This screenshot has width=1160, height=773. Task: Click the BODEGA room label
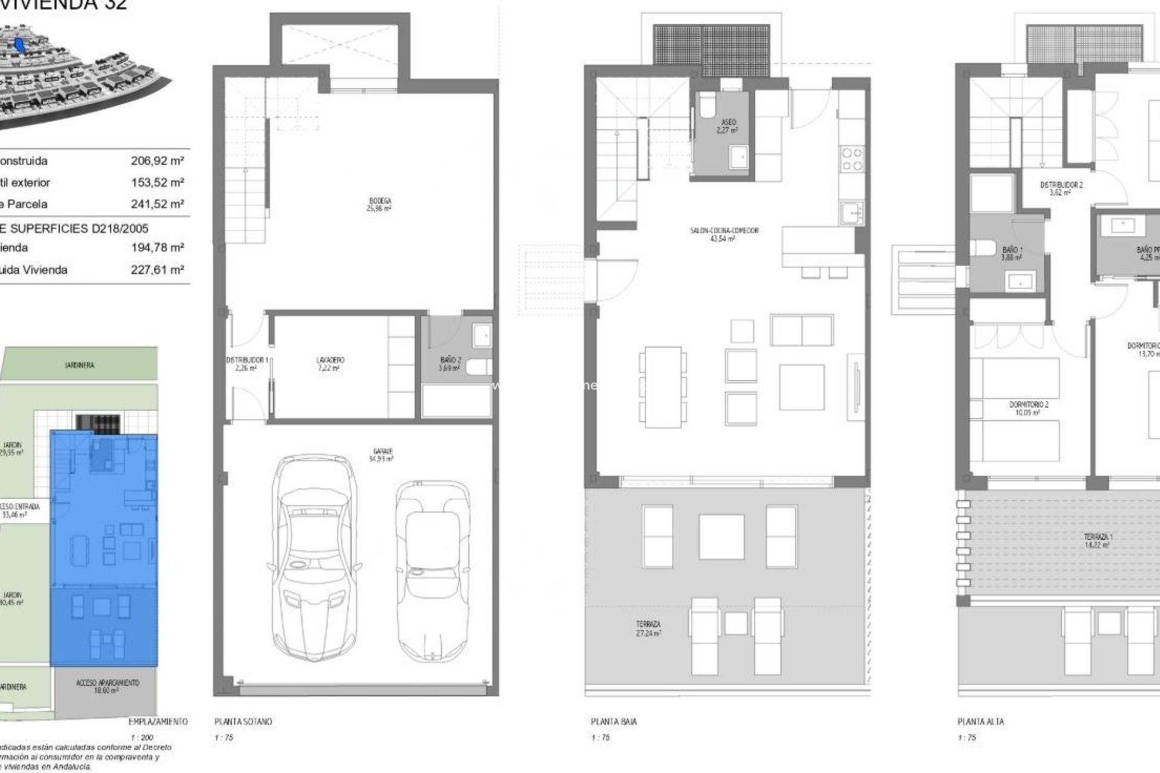[x=379, y=204]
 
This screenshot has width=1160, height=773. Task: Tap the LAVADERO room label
[x=330, y=364]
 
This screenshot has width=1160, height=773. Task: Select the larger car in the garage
[x=314, y=559]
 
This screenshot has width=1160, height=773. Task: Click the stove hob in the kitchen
[x=852, y=159]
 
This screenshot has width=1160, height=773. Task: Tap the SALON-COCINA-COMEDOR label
[x=724, y=234]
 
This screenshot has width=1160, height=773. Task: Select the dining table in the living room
[x=663, y=386]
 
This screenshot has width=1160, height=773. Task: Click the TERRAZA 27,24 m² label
[x=648, y=628]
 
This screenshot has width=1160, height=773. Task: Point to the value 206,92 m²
[x=157, y=161]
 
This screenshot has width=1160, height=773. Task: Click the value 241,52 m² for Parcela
[x=157, y=204]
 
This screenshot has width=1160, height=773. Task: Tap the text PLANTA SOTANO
[x=243, y=722]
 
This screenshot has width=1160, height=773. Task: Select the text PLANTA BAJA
[x=613, y=722]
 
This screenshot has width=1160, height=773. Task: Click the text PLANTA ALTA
[x=981, y=722]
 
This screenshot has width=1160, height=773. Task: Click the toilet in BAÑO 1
[x=982, y=248]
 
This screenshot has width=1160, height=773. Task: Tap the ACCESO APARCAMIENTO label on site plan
[x=108, y=686]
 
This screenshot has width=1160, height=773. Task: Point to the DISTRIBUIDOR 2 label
[x=1061, y=188]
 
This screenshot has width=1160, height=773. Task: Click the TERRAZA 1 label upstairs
[x=1098, y=540]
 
